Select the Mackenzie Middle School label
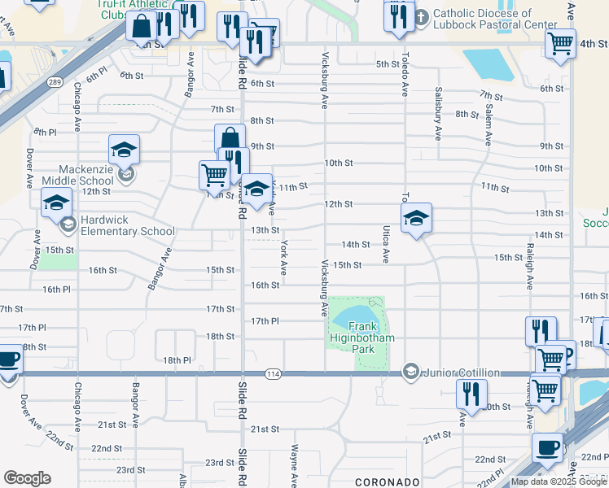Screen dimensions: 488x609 [78, 175]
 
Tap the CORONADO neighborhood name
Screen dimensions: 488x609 [387, 481]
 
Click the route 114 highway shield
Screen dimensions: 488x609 [272, 373]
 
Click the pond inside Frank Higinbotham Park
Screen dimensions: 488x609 [353, 314]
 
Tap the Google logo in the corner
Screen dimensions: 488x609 [27, 478]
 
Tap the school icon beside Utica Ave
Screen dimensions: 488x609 [416, 218]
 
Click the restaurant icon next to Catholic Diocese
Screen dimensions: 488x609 [398, 17]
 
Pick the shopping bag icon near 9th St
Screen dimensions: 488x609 [230, 138]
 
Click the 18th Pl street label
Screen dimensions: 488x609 [176, 360]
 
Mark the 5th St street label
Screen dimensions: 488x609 [388, 64]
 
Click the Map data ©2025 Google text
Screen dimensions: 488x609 [558, 481]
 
